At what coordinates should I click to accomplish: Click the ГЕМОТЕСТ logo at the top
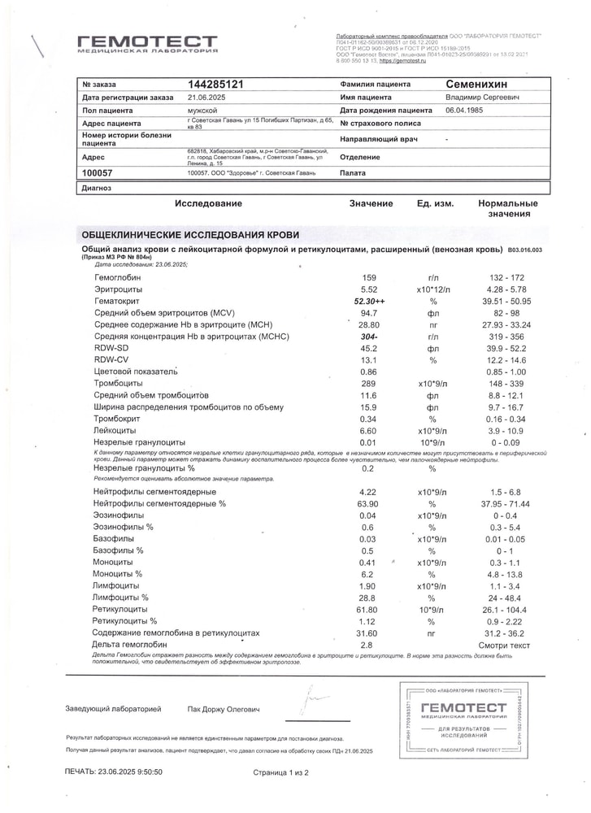coord(147,44)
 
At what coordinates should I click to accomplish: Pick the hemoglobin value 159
coord(369,278)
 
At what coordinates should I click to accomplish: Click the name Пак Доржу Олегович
coord(224,710)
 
